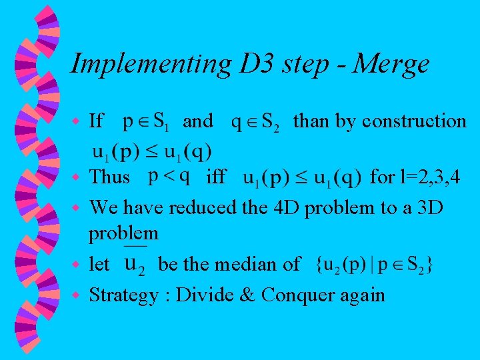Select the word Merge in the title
pyautogui.click(x=392, y=65)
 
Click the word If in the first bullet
pyautogui.click(x=96, y=121)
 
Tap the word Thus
pyautogui.click(x=110, y=177)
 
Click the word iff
pyautogui.click(x=215, y=178)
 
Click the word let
pyautogui.click(x=99, y=264)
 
